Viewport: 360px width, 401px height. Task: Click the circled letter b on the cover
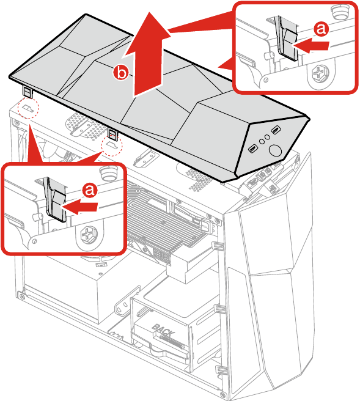pyautogui.click(x=122, y=73)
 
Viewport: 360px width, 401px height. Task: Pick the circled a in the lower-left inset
pyautogui.click(x=90, y=190)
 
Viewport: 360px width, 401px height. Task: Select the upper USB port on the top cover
pyautogui.click(x=276, y=131)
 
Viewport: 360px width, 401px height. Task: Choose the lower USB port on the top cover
pyautogui.click(x=252, y=149)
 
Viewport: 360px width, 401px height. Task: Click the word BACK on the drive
pyautogui.click(x=164, y=331)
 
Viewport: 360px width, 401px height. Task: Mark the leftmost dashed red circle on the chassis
pyautogui.click(x=28, y=109)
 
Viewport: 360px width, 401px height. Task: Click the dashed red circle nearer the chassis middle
pyautogui.click(x=112, y=146)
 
